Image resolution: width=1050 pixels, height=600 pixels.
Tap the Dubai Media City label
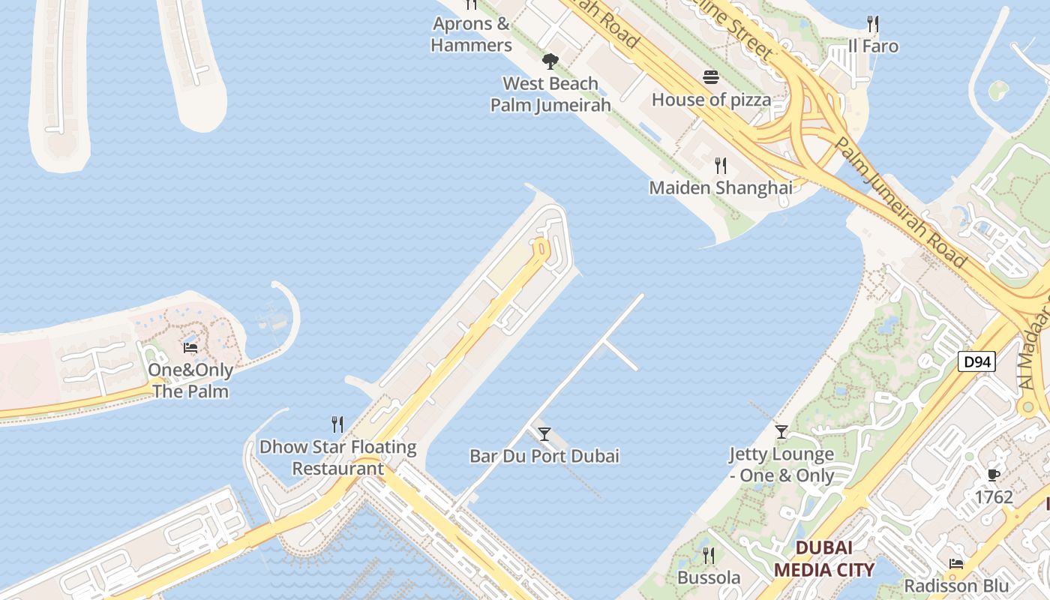coord(824,559)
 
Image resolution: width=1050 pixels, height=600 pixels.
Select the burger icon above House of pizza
coord(711,77)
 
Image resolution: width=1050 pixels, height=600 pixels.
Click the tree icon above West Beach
coord(550,61)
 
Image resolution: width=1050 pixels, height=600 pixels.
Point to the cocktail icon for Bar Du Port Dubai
coord(544,433)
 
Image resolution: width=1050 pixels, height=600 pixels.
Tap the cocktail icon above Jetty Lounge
coord(781,431)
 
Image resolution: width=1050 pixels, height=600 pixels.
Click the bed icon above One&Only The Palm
coord(190,347)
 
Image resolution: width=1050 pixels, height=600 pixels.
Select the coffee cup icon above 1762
coord(994,475)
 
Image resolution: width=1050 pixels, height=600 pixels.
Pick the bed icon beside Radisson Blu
coord(955,563)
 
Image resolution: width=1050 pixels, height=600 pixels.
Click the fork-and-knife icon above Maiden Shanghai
coord(720,165)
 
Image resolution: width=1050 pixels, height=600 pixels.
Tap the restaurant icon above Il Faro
coord(872,24)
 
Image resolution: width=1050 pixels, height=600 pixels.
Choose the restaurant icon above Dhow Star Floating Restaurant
coord(337,424)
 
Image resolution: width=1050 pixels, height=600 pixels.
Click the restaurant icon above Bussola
coord(708,555)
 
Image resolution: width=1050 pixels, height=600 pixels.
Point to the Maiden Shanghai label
coord(721,187)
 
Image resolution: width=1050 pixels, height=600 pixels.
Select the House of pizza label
coord(711,100)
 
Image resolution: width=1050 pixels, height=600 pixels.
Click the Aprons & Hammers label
coord(471,34)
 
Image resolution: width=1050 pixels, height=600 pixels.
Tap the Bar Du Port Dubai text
coord(544,456)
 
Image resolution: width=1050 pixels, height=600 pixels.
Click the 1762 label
coord(994,497)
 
